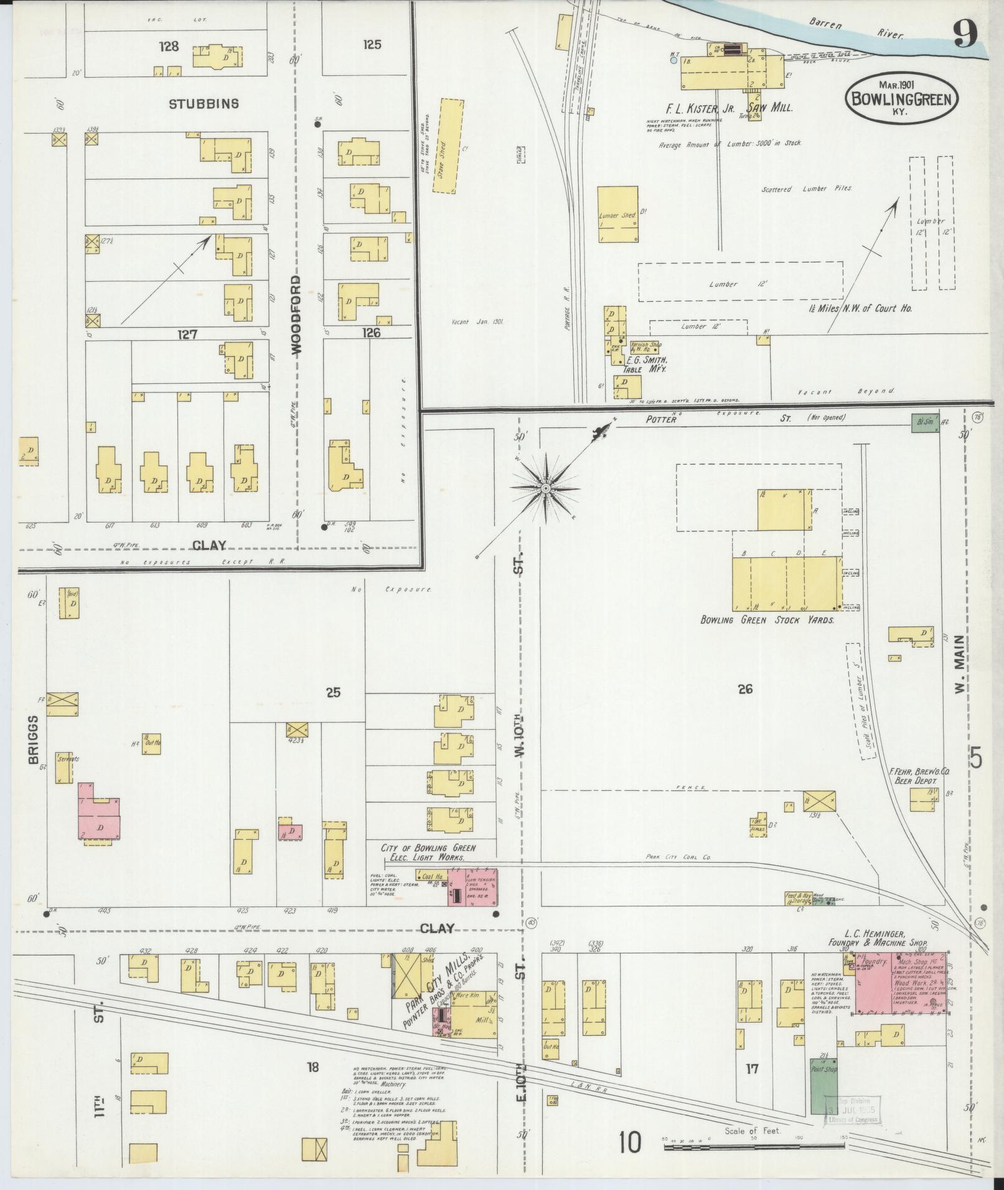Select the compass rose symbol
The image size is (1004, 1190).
[x=545, y=488]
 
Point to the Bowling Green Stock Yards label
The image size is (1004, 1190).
[x=767, y=620]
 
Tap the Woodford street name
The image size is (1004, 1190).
[x=296, y=316]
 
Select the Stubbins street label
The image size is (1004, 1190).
[x=204, y=104]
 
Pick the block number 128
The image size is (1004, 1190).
[x=169, y=46]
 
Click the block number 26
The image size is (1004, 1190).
[x=745, y=689]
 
